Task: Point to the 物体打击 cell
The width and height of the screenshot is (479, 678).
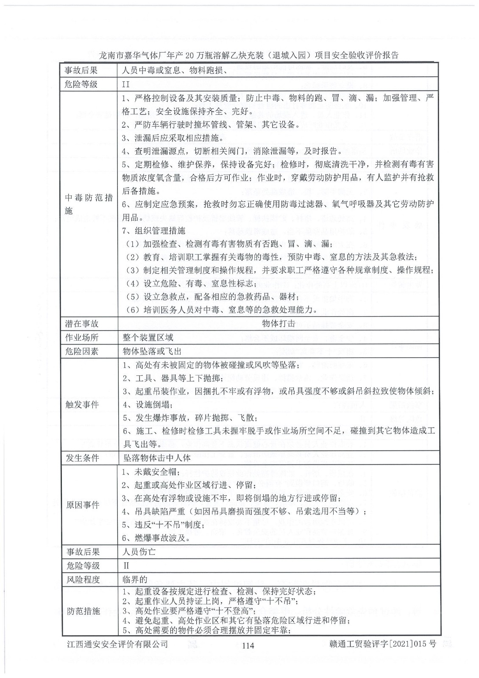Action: pyautogui.click(x=278, y=323)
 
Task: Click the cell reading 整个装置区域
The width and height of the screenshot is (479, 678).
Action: pyautogui.click(x=148, y=337)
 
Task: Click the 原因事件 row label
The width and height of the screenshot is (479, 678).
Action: pyautogui.click(x=82, y=505)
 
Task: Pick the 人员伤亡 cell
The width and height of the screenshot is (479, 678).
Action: pyautogui.click(x=139, y=552)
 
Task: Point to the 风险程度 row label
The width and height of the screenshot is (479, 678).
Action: pyautogui.click(x=82, y=579)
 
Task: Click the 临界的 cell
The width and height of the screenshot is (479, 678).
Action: pyautogui.click(x=135, y=579)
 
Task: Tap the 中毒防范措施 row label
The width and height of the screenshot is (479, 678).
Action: pyautogui.click(x=89, y=204)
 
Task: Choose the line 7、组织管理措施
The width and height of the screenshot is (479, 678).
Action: pyautogui.click(x=153, y=231)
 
